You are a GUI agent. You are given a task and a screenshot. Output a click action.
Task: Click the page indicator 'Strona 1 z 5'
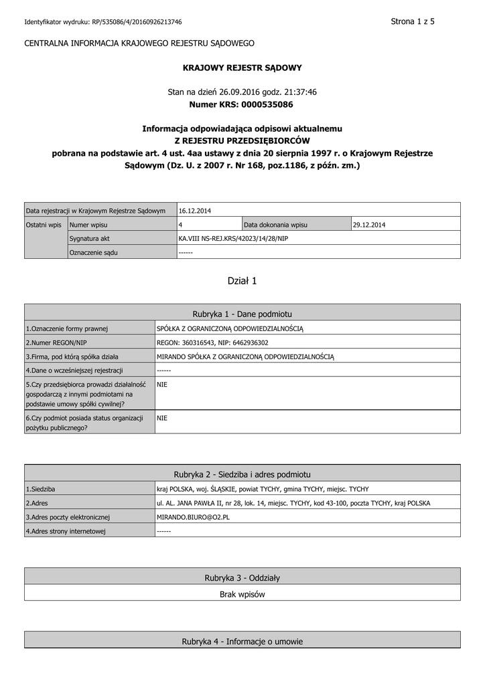[413, 21]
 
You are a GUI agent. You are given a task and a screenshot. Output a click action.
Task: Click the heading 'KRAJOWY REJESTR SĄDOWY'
[242, 68]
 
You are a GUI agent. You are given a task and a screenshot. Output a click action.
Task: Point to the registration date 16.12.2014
[195, 211]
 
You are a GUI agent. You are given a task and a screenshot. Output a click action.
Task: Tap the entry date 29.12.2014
[369, 225]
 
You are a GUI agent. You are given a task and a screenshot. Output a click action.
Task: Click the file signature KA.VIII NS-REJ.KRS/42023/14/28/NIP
[233, 238]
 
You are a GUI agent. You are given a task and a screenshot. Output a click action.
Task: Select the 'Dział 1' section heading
[242, 281]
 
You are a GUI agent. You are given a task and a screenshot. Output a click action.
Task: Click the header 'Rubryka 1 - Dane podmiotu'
[242, 313]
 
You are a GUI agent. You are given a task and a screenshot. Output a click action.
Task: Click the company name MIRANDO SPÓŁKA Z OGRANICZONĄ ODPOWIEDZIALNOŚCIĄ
[245, 356]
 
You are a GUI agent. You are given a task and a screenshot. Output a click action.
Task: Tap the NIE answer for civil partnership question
[161, 385]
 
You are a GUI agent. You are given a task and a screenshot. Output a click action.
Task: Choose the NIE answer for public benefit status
[161, 417]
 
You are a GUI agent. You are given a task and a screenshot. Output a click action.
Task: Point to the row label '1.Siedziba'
[41, 489]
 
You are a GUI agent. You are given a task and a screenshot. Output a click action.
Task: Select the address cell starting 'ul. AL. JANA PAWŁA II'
[293, 502]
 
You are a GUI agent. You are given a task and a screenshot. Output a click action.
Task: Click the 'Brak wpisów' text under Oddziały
[242, 594]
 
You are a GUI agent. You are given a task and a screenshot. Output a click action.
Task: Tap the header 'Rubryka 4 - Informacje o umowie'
[242, 642]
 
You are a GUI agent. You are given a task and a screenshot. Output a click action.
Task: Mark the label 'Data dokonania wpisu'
[276, 225]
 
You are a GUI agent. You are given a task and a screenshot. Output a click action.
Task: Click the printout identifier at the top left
[103, 22]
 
